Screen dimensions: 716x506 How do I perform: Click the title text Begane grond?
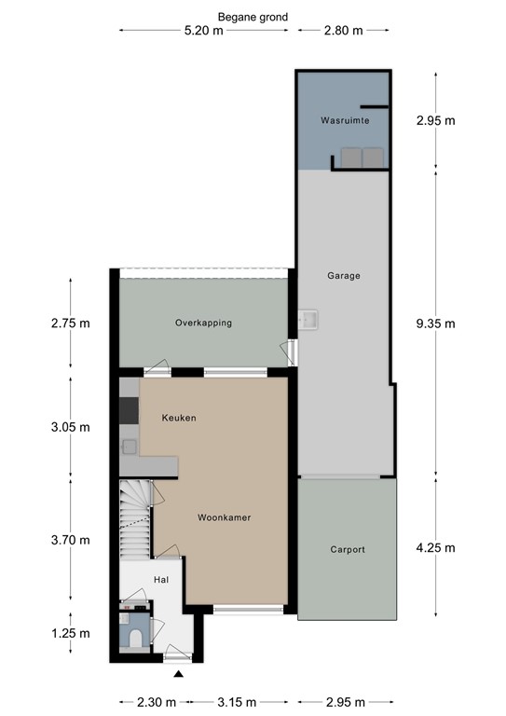tap(253, 17)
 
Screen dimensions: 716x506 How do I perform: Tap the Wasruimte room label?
tap(345, 121)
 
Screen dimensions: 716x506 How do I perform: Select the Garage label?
tap(343, 276)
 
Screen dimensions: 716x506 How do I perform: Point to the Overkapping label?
tap(203, 323)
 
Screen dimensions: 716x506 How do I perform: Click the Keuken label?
tap(178, 419)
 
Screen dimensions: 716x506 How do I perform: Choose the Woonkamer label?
tap(224, 516)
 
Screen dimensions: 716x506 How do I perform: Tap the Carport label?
tap(348, 550)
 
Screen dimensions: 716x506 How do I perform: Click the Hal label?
tap(160, 579)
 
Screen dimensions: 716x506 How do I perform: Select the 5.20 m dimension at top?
tap(204, 31)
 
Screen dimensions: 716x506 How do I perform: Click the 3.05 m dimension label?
tap(71, 428)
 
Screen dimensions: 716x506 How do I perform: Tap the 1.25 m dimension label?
tap(71, 633)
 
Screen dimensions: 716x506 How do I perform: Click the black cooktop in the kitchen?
tap(129, 411)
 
